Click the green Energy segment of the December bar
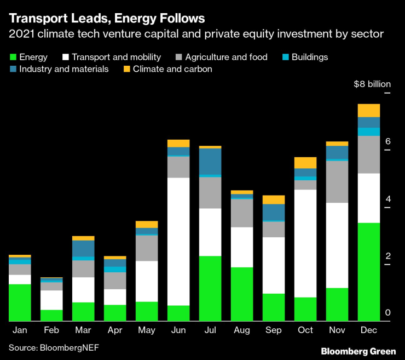pos(368,272)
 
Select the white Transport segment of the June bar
pos(178,241)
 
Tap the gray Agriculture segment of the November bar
pos(337,182)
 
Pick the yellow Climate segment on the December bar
pos(368,111)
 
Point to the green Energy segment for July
pos(210,288)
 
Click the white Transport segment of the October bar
pos(305,243)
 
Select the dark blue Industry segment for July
pos(210,162)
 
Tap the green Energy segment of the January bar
pos(20,302)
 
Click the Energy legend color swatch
pos(12,57)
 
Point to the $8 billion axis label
pos(372,84)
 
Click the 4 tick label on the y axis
pos(387,199)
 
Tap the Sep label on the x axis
pos(273,331)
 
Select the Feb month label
pos(51,331)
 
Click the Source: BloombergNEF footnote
pos(54,347)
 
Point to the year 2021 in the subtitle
pos(20,35)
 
